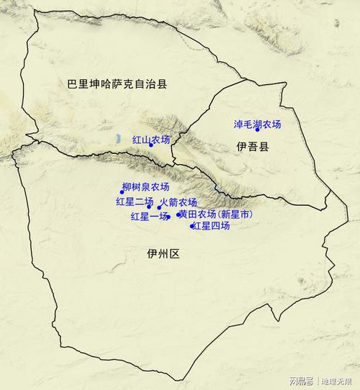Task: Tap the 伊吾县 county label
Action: (x=252, y=147)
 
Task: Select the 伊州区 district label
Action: (x=162, y=253)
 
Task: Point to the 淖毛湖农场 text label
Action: (x=257, y=124)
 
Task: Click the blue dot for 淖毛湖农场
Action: (x=257, y=130)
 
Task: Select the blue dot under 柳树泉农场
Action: (x=122, y=192)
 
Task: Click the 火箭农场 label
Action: (x=178, y=202)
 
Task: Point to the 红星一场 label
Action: (x=148, y=216)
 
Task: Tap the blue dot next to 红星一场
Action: (x=168, y=217)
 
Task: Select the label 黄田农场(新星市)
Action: (x=217, y=214)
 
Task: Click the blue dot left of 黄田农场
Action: (x=178, y=214)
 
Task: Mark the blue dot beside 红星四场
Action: (x=192, y=227)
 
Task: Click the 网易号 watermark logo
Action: (x=301, y=380)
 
